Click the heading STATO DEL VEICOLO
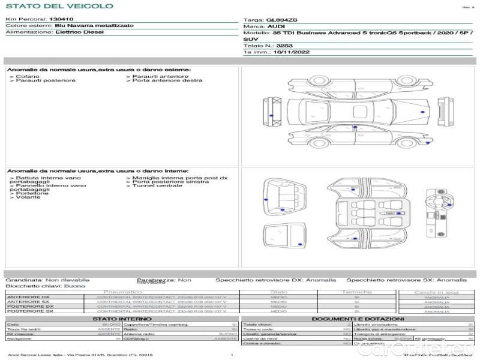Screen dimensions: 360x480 59,6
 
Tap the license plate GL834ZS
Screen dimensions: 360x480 281,20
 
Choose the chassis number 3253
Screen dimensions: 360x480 284,45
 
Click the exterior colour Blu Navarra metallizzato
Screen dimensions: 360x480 86,26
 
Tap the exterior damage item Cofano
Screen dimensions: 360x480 28,77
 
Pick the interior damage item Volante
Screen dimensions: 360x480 28,197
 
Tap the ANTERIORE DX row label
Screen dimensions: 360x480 28,297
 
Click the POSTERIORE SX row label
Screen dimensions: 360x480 29,311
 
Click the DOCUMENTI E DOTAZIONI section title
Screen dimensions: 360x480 358,319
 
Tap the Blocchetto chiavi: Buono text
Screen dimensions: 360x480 46,286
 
